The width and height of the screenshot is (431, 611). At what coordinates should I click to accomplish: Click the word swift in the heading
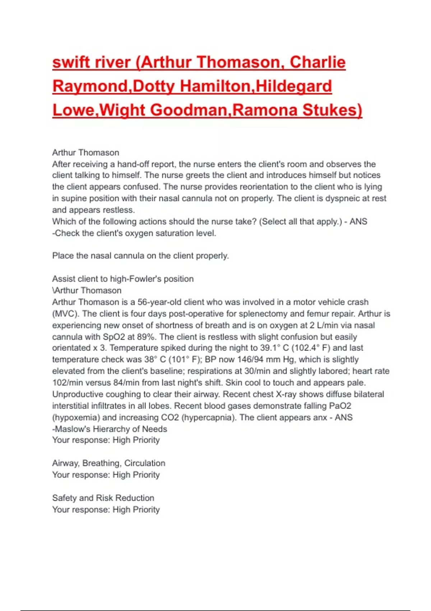[71, 62]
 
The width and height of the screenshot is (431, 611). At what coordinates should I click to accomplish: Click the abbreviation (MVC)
[65, 314]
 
